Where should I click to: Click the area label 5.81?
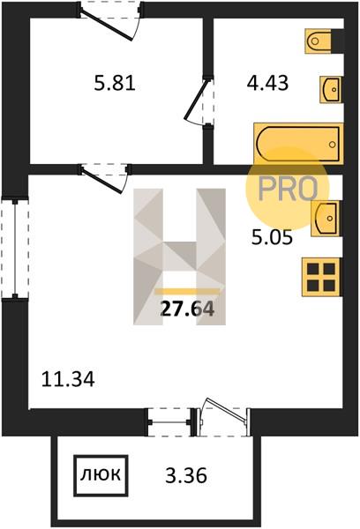[x=115, y=83]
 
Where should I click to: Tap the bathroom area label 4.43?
[x=268, y=83]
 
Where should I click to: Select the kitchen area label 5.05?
[x=272, y=239]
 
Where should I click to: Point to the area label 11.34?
[x=68, y=379]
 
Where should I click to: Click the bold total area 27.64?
[x=187, y=309]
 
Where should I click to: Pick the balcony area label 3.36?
[x=186, y=476]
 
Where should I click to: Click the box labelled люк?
[x=101, y=476]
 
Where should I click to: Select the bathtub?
[x=298, y=144]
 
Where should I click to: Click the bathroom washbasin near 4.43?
[x=331, y=89]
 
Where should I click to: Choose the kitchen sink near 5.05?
[x=326, y=219]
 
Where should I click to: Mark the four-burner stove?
[x=321, y=277]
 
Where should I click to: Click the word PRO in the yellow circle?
[x=288, y=189]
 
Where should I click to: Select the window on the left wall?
[x=15, y=249]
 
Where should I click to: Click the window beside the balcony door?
[x=169, y=422]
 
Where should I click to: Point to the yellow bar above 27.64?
[x=187, y=292]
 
